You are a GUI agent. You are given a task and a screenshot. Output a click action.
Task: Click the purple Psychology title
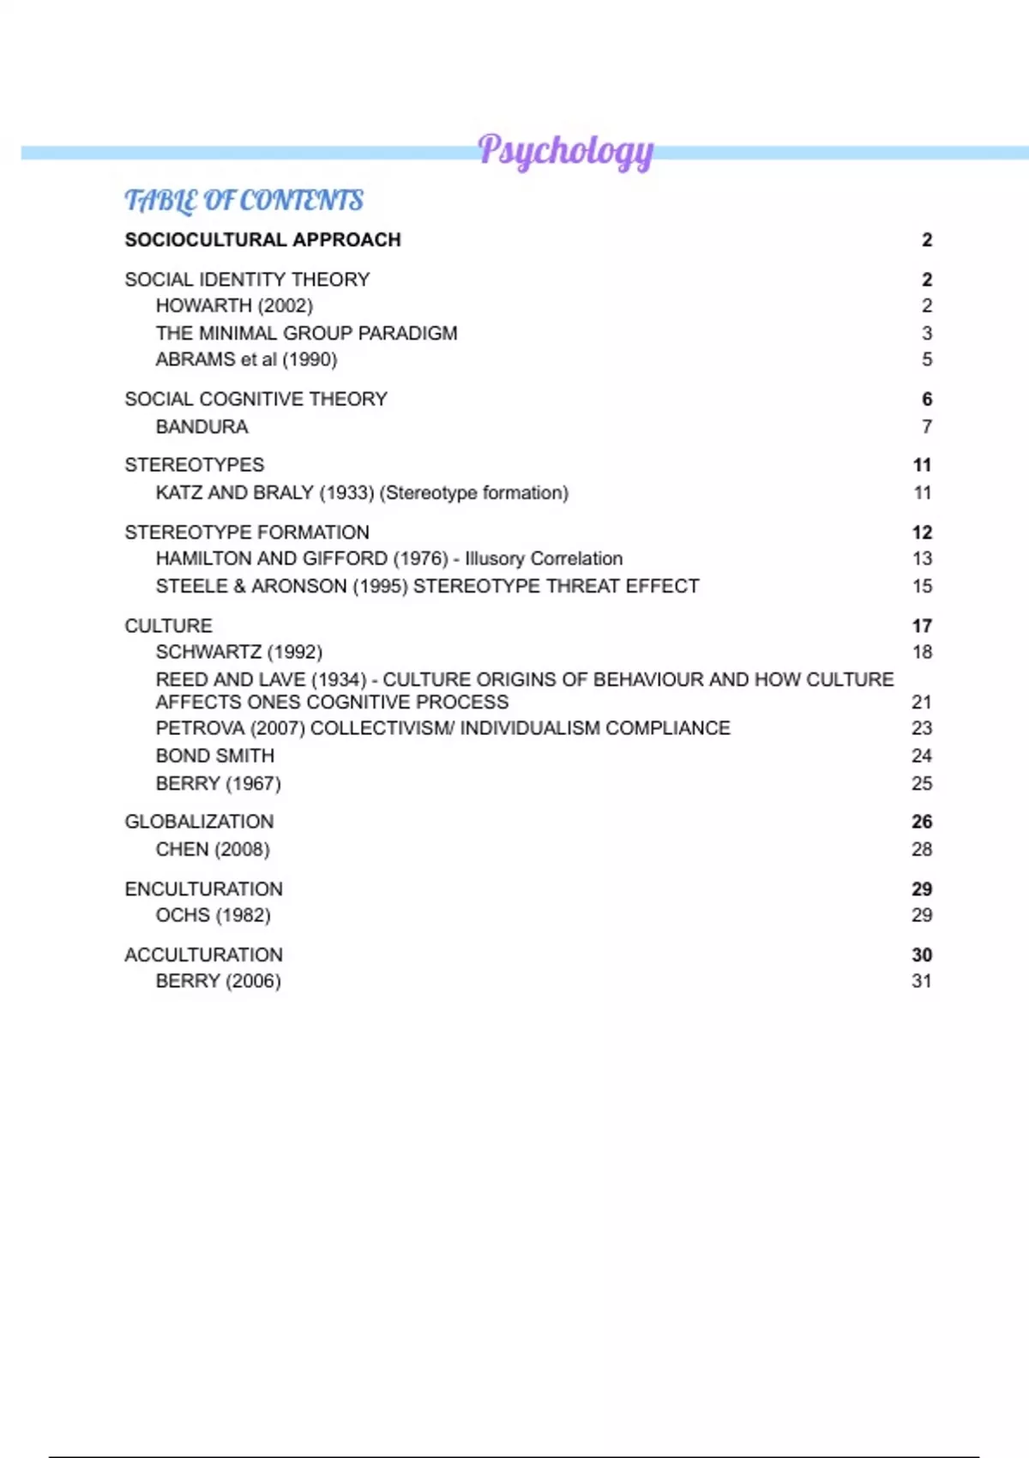click(565, 151)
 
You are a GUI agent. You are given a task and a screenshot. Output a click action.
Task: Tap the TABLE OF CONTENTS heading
click(244, 201)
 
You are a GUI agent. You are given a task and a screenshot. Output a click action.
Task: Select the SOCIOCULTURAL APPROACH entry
click(262, 240)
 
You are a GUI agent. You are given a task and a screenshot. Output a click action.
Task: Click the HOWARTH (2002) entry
click(234, 306)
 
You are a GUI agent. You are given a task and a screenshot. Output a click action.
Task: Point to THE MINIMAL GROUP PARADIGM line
click(306, 334)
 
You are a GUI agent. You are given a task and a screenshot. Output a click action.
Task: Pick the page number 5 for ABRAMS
click(926, 359)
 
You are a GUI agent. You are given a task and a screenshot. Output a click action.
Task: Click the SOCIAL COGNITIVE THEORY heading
click(256, 400)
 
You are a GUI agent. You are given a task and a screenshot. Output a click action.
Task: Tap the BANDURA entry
click(202, 427)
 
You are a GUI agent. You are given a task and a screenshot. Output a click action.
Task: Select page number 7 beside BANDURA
click(926, 427)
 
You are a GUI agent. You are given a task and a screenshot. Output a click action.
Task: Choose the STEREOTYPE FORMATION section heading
click(247, 533)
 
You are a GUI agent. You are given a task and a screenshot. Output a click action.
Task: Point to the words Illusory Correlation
click(544, 559)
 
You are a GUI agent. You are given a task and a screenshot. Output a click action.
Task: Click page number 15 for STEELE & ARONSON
click(922, 587)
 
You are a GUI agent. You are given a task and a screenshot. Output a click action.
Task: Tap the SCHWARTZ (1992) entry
click(238, 653)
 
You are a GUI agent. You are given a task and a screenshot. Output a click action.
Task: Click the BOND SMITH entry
click(215, 756)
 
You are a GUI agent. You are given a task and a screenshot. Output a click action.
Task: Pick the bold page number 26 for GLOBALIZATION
click(922, 822)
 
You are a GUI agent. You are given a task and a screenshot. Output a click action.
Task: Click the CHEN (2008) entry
click(213, 850)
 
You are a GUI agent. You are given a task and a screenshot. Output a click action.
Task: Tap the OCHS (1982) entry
click(213, 916)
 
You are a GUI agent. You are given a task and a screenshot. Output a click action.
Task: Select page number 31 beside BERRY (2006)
click(922, 982)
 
